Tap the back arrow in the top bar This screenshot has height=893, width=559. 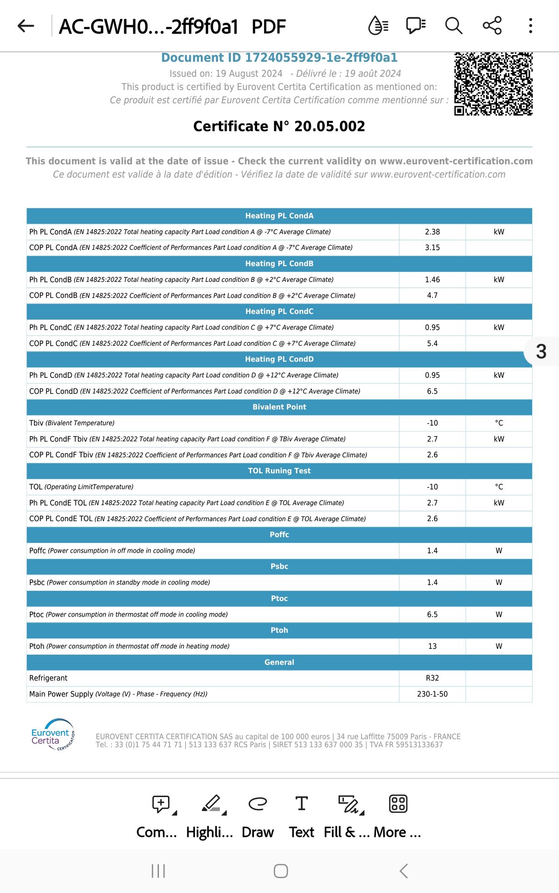tap(26, 26)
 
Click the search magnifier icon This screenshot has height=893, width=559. tap(453, 25)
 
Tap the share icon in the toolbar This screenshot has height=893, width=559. tap(492, 25)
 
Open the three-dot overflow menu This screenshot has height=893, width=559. tap(530, 25)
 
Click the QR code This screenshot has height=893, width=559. tap(493, 84)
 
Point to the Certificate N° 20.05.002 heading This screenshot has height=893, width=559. tap(279, 126)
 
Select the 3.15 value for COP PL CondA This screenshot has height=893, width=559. tap(432, 248)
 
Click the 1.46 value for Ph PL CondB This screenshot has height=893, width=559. tap(432, 280)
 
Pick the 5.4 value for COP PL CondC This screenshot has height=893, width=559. tap(432, 343)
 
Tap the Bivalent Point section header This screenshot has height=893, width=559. tap(279, 407)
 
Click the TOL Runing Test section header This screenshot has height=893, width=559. tap(279, 471)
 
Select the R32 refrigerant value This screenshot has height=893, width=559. tap(432, 678)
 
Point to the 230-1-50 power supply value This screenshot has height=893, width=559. tap(432, 694)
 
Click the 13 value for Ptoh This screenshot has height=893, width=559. tap(432, 646)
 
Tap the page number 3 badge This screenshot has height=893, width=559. tap(541, 351)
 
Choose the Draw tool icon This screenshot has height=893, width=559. tap(258, 804)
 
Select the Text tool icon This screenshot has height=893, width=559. tap(301, 803)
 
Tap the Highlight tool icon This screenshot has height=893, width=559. tap(213, 804)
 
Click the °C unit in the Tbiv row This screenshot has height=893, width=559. tap(499, 423)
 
